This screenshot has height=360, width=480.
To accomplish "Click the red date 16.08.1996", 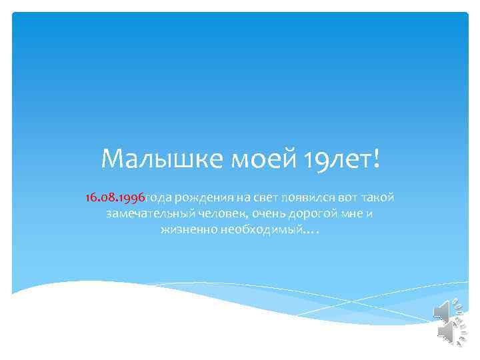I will tap(115, 197).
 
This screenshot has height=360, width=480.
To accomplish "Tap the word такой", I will tap(379, 197).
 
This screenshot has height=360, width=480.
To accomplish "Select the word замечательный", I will tap(151, 214).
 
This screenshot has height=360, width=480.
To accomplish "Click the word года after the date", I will tap(160, 198).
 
